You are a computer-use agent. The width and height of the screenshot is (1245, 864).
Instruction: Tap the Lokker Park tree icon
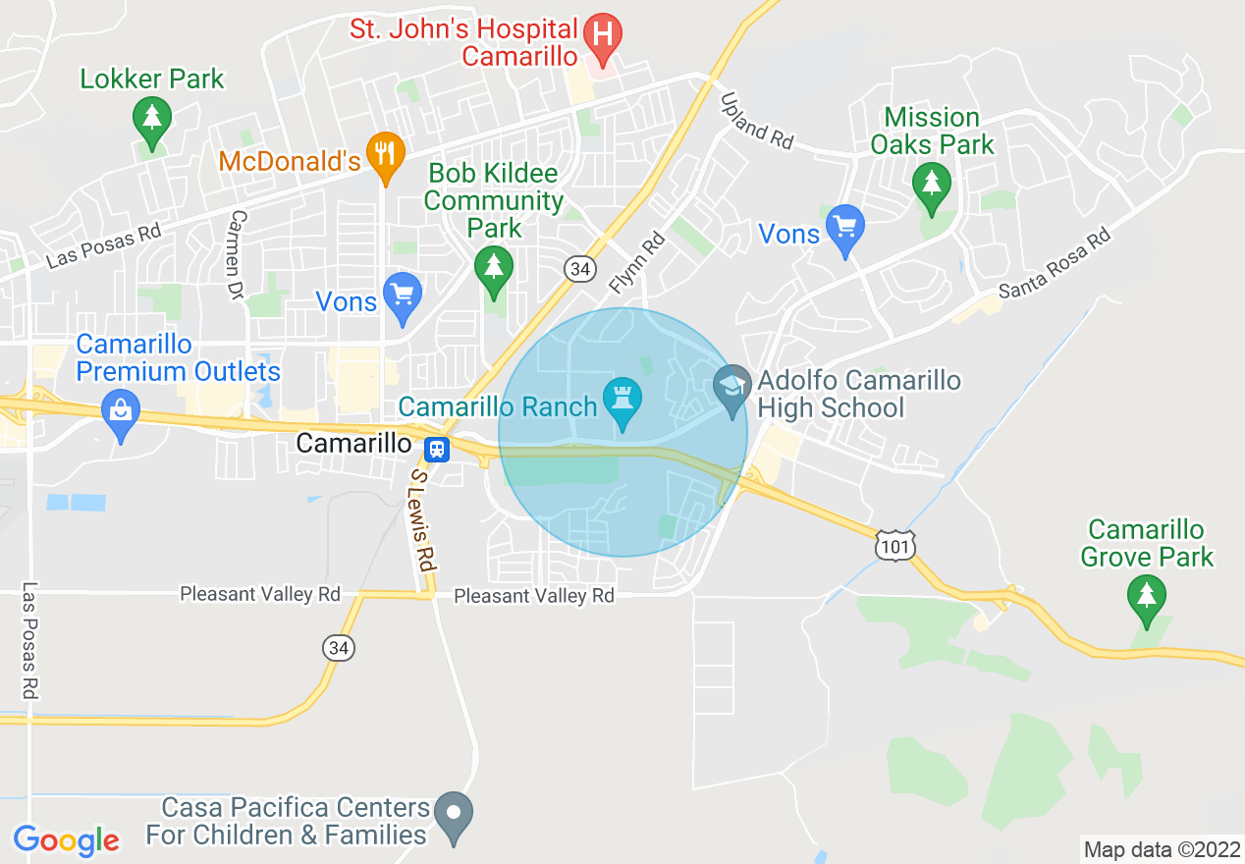coord(151,118)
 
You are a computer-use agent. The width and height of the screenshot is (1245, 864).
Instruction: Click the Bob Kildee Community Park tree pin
coord(493,267)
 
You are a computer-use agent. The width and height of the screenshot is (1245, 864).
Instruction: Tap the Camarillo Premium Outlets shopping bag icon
coord(121,411)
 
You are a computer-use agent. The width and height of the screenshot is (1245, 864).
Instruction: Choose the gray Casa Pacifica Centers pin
coord(454,814)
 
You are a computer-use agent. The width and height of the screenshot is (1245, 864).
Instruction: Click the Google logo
coord(66,840)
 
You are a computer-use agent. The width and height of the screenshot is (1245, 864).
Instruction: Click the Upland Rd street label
coord(756,121)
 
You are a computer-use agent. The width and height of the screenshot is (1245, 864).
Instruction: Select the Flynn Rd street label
coord(637,263)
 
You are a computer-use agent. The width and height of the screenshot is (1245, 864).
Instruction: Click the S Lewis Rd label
coord(421,519)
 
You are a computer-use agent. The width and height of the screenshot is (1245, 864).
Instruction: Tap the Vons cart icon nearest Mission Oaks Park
coord(844,227)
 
